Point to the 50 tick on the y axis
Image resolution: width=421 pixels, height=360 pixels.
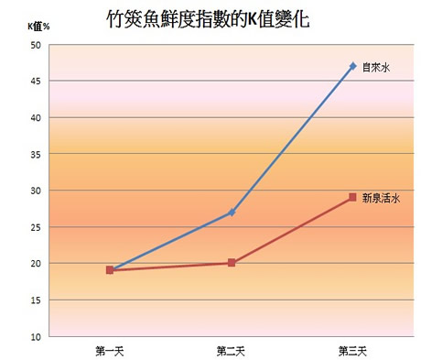pos(36,45)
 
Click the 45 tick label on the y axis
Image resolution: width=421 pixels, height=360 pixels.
pos(36,82)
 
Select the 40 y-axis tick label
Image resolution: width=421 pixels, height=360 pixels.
pos(36,118)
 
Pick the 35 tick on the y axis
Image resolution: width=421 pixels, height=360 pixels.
pos(36,155)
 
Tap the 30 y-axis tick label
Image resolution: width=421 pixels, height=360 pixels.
pos(36,191)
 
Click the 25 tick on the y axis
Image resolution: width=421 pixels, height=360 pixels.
pos(36,227)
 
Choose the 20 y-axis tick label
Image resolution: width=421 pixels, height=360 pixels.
pos(36,264)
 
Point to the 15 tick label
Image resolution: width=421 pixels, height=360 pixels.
pos(36,300)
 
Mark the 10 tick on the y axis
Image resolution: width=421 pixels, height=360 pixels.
pos(36,336)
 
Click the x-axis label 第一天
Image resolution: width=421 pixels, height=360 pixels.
pos(109,351)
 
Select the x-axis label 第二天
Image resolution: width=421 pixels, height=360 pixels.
pos(232,351)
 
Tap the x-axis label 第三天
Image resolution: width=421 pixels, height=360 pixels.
pos(353,351)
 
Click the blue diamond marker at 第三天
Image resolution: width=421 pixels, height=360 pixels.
pos(353,66)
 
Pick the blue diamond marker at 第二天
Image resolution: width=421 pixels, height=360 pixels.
pos(232,213)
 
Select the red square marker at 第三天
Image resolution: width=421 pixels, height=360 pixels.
pos(353,198)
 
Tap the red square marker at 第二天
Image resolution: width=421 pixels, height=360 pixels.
pos(232,263)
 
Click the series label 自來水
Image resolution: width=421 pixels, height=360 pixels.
pos(376,66)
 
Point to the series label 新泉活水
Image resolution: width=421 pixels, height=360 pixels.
pos(381,198)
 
